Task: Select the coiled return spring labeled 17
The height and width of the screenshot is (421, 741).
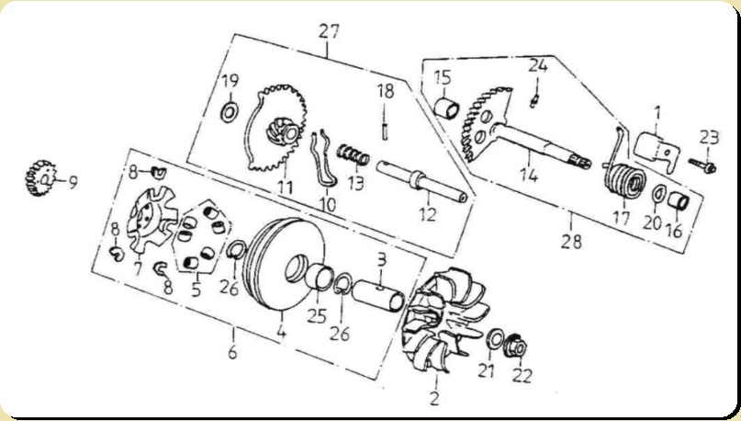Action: [623, 174]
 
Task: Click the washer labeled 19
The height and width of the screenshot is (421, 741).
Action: [230, 112]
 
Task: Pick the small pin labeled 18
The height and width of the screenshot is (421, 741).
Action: [384, 131]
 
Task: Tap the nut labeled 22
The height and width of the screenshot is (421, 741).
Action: [516, 347]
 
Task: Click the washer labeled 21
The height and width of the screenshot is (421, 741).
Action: [495, 339]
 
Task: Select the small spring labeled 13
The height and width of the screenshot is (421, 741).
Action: [353, 154]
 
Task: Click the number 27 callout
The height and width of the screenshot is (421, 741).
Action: [329, 31]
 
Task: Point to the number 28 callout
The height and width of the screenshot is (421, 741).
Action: [571, 241]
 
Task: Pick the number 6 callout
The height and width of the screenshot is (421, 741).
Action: [232, 351]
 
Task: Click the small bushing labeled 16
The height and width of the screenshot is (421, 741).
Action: [679, 200]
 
